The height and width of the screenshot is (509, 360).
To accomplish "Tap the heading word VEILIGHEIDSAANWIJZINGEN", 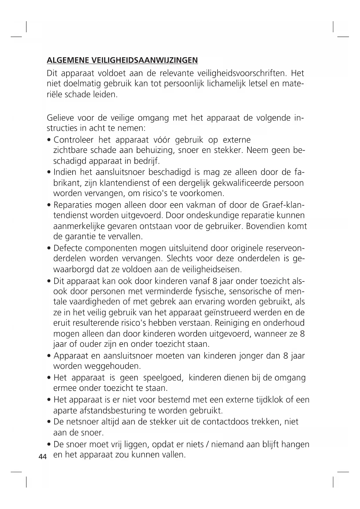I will [x=144, y=60].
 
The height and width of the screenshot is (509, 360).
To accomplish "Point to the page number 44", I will [x=43, y=456].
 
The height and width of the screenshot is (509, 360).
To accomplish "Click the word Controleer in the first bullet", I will [x=74, y=140].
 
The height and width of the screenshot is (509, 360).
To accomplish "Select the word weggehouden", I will [x=113, y=366].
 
